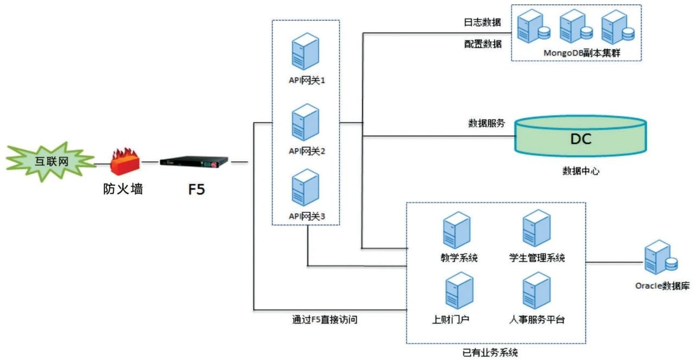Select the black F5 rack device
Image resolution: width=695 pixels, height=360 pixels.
click(194, 162)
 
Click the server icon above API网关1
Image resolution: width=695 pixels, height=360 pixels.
click(305, 52)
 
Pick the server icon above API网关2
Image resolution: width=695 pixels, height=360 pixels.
click(305, 123)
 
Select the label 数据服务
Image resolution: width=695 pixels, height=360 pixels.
click(486, 123)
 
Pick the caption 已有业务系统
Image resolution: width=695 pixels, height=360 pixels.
click(490, 353)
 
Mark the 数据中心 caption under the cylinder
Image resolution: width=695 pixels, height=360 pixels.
click(580, 171)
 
